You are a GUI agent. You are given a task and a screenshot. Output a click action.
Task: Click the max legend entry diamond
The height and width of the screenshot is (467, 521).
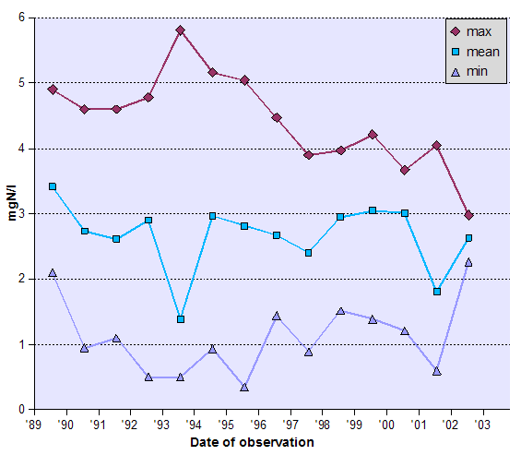(x=454, y=32)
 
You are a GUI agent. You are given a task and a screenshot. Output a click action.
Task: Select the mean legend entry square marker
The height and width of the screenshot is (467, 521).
(x=454, y=52)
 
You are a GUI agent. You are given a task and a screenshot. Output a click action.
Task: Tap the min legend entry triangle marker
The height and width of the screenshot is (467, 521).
(x=454, y=71)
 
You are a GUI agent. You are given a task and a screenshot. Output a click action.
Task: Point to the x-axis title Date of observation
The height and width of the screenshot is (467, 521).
(x=252, y=443)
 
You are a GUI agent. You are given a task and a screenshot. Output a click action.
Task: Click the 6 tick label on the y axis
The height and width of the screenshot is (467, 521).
(x=21, y=18)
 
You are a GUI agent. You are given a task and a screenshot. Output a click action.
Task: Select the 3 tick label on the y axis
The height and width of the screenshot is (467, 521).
(x=21, y=214)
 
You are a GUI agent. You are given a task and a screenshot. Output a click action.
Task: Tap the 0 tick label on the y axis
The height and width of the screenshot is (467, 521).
(x=21, y=410)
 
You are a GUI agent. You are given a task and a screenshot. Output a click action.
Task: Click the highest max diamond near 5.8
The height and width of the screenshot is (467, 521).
(x=180, y=30)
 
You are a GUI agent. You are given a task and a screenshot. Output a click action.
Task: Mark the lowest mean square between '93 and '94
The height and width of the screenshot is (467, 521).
(x=180, y=319)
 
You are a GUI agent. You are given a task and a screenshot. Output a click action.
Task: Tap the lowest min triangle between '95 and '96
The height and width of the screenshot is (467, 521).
(x=244, y=387)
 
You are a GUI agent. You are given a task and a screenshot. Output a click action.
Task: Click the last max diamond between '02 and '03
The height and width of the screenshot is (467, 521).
(x=468, y=215)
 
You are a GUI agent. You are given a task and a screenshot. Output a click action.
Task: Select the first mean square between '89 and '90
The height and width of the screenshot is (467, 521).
(x=53, y=186)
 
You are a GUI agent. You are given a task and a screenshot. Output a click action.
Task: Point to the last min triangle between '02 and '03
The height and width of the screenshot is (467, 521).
(x=468, y=262)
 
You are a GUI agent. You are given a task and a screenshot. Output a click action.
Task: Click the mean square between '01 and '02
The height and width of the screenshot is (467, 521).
(x=436, y=292)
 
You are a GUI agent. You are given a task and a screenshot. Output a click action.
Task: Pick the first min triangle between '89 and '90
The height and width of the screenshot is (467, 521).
(x=53, y=272)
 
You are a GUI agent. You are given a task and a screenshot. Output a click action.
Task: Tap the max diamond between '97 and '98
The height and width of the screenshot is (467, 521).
(x=308, y=155)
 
